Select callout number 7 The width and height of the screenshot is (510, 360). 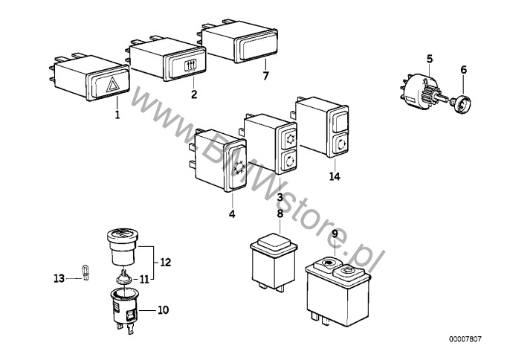click(x=265, y=76)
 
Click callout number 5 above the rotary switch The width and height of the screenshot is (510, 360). click(x=429, y=58)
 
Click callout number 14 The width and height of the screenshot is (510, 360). click(x=331, y=176)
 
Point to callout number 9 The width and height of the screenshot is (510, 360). click(x=335, y=234)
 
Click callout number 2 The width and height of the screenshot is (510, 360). click(x=194, y=94)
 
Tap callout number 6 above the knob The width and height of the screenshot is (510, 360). click(x=463, y=71)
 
